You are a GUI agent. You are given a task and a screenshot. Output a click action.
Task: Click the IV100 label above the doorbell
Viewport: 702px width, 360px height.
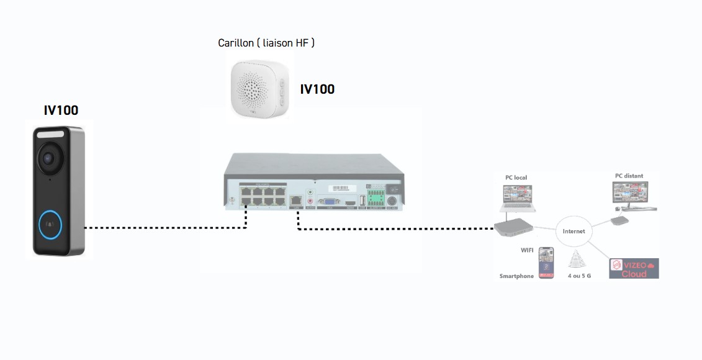coord(61,110)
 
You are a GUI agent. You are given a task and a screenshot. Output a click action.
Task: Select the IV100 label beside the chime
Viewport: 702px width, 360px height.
coord(317,89)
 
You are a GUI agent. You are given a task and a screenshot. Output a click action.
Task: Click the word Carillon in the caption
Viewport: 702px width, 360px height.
coord(236,43)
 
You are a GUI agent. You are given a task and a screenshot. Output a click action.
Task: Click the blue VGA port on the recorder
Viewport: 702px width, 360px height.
coord(328,201)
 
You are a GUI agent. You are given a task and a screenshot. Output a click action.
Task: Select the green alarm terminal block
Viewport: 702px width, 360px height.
coord(374,197)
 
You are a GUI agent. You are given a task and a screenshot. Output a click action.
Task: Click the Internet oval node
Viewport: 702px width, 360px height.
coord(574,232)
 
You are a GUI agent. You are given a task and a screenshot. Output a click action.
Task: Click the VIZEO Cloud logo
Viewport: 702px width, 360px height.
coord(634,269)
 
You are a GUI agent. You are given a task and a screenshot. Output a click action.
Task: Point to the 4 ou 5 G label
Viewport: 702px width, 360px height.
coord(578,276)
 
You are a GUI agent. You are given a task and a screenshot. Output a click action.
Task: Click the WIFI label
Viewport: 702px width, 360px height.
coord(527,250)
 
